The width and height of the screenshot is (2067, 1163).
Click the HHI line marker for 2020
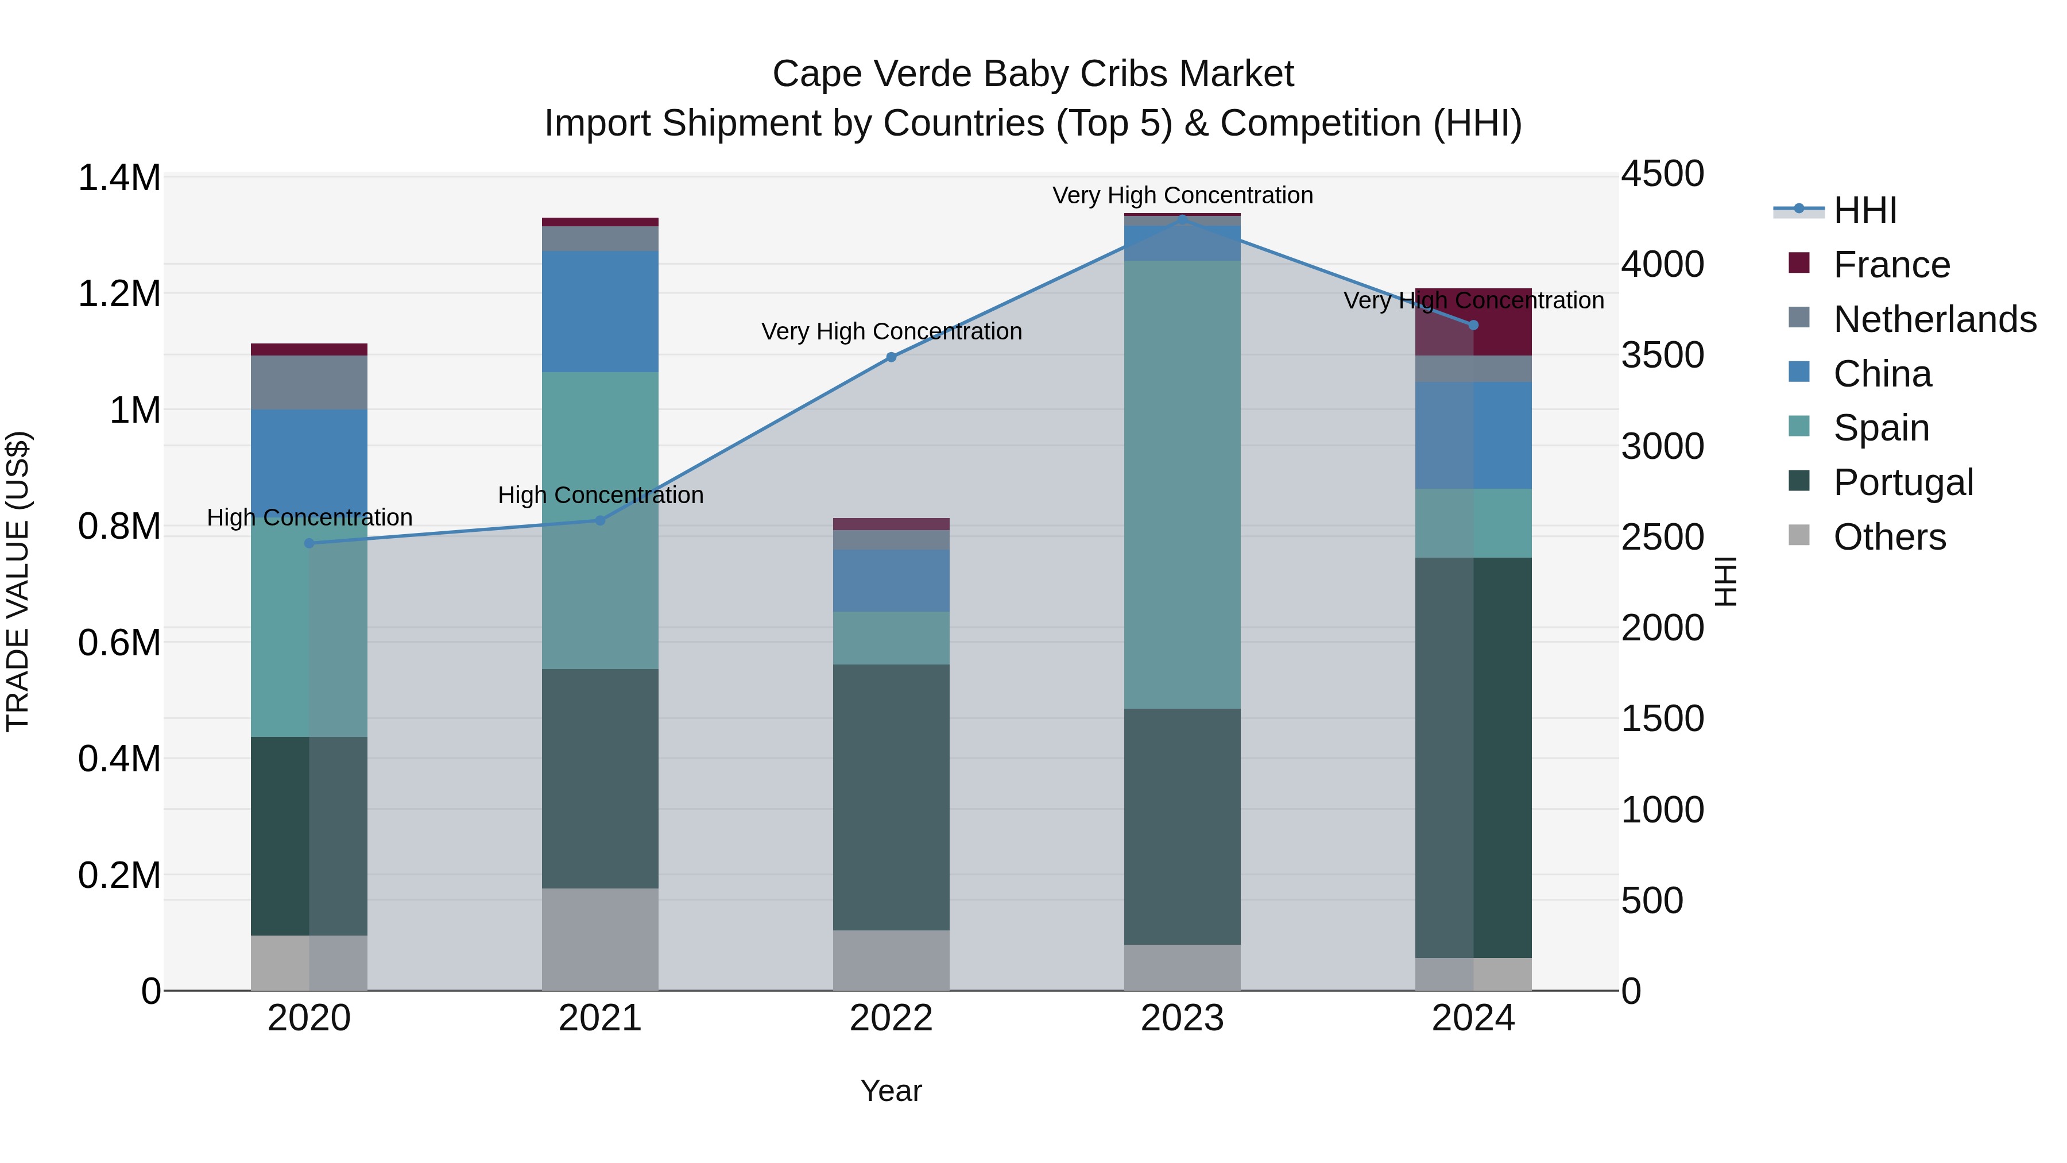pos(309,543)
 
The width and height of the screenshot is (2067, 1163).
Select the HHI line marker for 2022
pos(891,357)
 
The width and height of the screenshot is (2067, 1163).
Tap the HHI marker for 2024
pos(1473,325)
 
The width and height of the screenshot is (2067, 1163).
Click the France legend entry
pos(1891,265)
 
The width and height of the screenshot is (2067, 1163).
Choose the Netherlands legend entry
pos(1934,319)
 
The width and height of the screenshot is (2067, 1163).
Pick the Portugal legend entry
pos(1903,482)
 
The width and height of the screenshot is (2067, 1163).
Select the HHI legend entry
pos(1865,210)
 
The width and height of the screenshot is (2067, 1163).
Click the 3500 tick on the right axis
pos(1662,356)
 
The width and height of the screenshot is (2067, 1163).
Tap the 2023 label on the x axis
pos(1182,1018)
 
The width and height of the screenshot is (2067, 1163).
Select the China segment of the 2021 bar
pos(600,311)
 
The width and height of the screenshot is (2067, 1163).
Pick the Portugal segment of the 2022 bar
pos(891,797)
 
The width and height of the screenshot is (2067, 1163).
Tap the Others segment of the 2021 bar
pos(600,939)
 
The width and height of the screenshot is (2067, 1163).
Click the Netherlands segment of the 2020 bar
pos(309,382)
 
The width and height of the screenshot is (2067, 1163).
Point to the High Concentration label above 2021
pos(600,495)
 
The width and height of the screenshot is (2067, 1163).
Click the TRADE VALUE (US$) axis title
pos(18,581)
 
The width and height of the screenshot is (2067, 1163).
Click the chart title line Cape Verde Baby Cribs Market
pos(1033,74)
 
